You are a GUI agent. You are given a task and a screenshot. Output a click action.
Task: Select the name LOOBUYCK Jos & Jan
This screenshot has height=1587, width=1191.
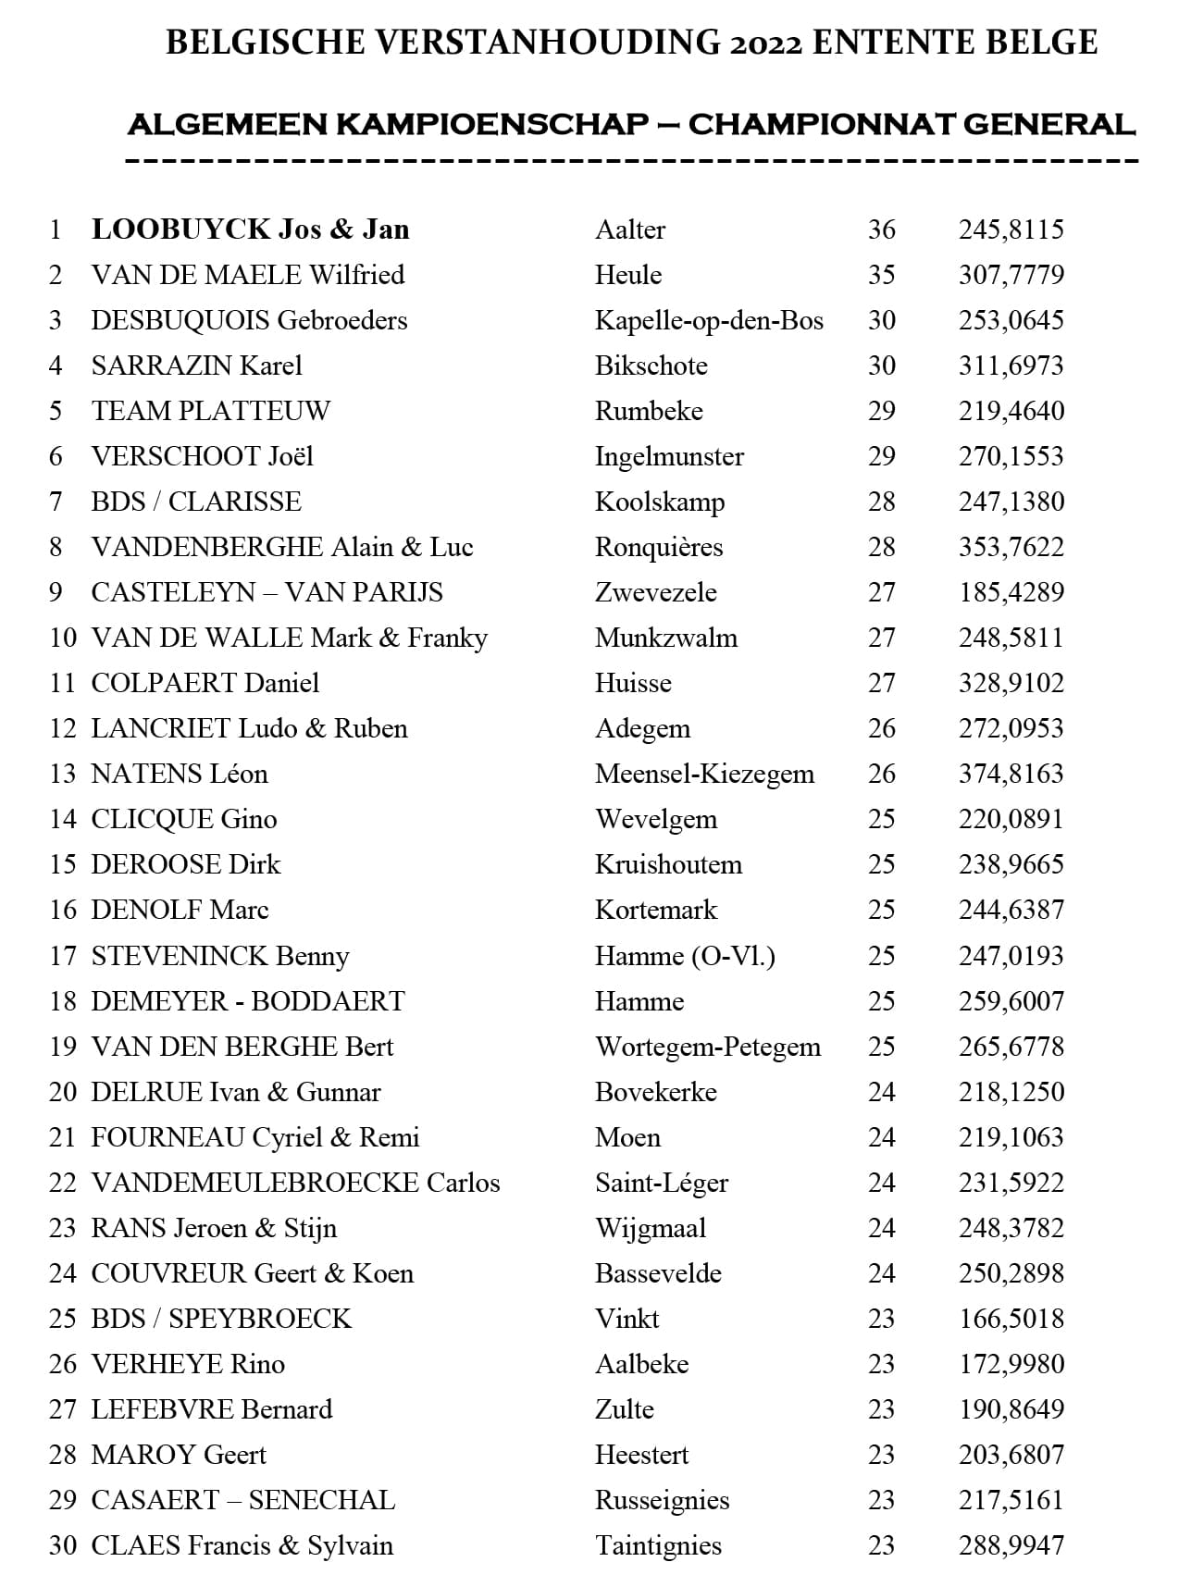pyautogui.click(x=250, y=229)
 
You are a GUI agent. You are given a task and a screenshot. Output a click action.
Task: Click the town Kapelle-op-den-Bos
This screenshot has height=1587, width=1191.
pyautogui.click(x=709, y=320)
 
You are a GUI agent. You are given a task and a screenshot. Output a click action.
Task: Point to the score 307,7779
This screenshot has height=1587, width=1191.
pyautogui.click(x=1011, y=275)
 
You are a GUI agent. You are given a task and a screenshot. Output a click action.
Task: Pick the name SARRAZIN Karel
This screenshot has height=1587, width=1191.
pyautogui.click(x=196, y=366)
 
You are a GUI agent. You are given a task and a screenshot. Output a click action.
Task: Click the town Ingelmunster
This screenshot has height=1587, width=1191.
pyautogui.click(x=669, y=456)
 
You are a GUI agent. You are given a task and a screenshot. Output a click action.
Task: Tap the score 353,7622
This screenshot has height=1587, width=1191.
pyautogui.click(x=1011, y=547)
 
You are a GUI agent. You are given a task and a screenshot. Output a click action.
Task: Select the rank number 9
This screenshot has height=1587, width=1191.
pyautogui.click(x=56, y=592)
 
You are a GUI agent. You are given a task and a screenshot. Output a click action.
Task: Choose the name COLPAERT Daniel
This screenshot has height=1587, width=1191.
pyautogui.click(x=205, y=683)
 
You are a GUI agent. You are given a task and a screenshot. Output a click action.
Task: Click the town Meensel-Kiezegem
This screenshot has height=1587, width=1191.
pyautogui.click(x=704, y=774)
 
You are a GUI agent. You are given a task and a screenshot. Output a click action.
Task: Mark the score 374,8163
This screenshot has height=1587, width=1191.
pyautogui.click(x=1011, y=774)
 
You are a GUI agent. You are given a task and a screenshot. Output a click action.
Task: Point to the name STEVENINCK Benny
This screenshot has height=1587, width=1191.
pyautogui.click(x=219, y=956)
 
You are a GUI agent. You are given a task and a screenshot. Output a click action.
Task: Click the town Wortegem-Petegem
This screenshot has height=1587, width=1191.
pyautogui.click(x=708, y=1047)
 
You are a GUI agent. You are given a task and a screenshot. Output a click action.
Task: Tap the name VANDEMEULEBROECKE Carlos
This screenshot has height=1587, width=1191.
pyautogui.click(x=295, y=1183)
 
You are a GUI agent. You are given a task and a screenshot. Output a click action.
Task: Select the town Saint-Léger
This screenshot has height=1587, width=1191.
pyautogui.click(x=662, y=1183)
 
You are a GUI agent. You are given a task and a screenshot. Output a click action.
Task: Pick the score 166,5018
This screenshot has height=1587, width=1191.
pyautogui.click(x=1011, y=1319)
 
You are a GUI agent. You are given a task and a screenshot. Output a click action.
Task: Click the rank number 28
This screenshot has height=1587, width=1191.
pyautogui.click(x=62, y=1455)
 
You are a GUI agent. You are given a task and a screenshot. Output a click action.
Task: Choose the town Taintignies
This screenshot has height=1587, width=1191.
pyautogui.click(x=658, y=1545)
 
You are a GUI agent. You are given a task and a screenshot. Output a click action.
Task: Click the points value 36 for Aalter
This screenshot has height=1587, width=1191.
pyautogui.click(x=881, y=229)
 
